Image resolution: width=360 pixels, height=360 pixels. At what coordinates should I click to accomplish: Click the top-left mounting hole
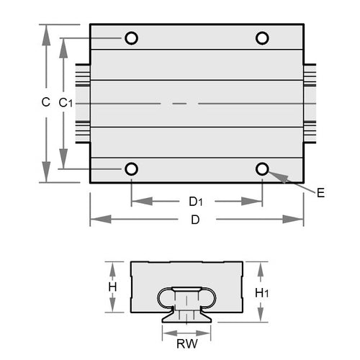tap(131, 38)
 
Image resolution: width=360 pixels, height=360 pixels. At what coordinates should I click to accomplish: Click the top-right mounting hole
tap(262, 38)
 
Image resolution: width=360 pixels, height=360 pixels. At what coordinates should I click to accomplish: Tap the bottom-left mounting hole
tap(131, 169)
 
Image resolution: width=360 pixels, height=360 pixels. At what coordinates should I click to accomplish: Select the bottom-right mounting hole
tap(262, 169)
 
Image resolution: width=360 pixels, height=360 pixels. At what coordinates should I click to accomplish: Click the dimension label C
tap(45, 103)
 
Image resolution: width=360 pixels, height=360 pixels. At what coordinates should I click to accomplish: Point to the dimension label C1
tap(65, 104)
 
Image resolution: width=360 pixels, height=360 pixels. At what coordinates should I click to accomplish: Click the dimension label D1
tap(196, 201)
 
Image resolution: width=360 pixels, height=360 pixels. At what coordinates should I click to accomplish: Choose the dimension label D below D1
tap(195, 220)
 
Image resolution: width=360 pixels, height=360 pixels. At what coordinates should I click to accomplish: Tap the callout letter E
tap(320, 192)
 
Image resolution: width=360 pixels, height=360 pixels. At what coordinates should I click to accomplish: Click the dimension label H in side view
tap(112, 287)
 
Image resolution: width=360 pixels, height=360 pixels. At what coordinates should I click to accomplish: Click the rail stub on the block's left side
tap(82, 104)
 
